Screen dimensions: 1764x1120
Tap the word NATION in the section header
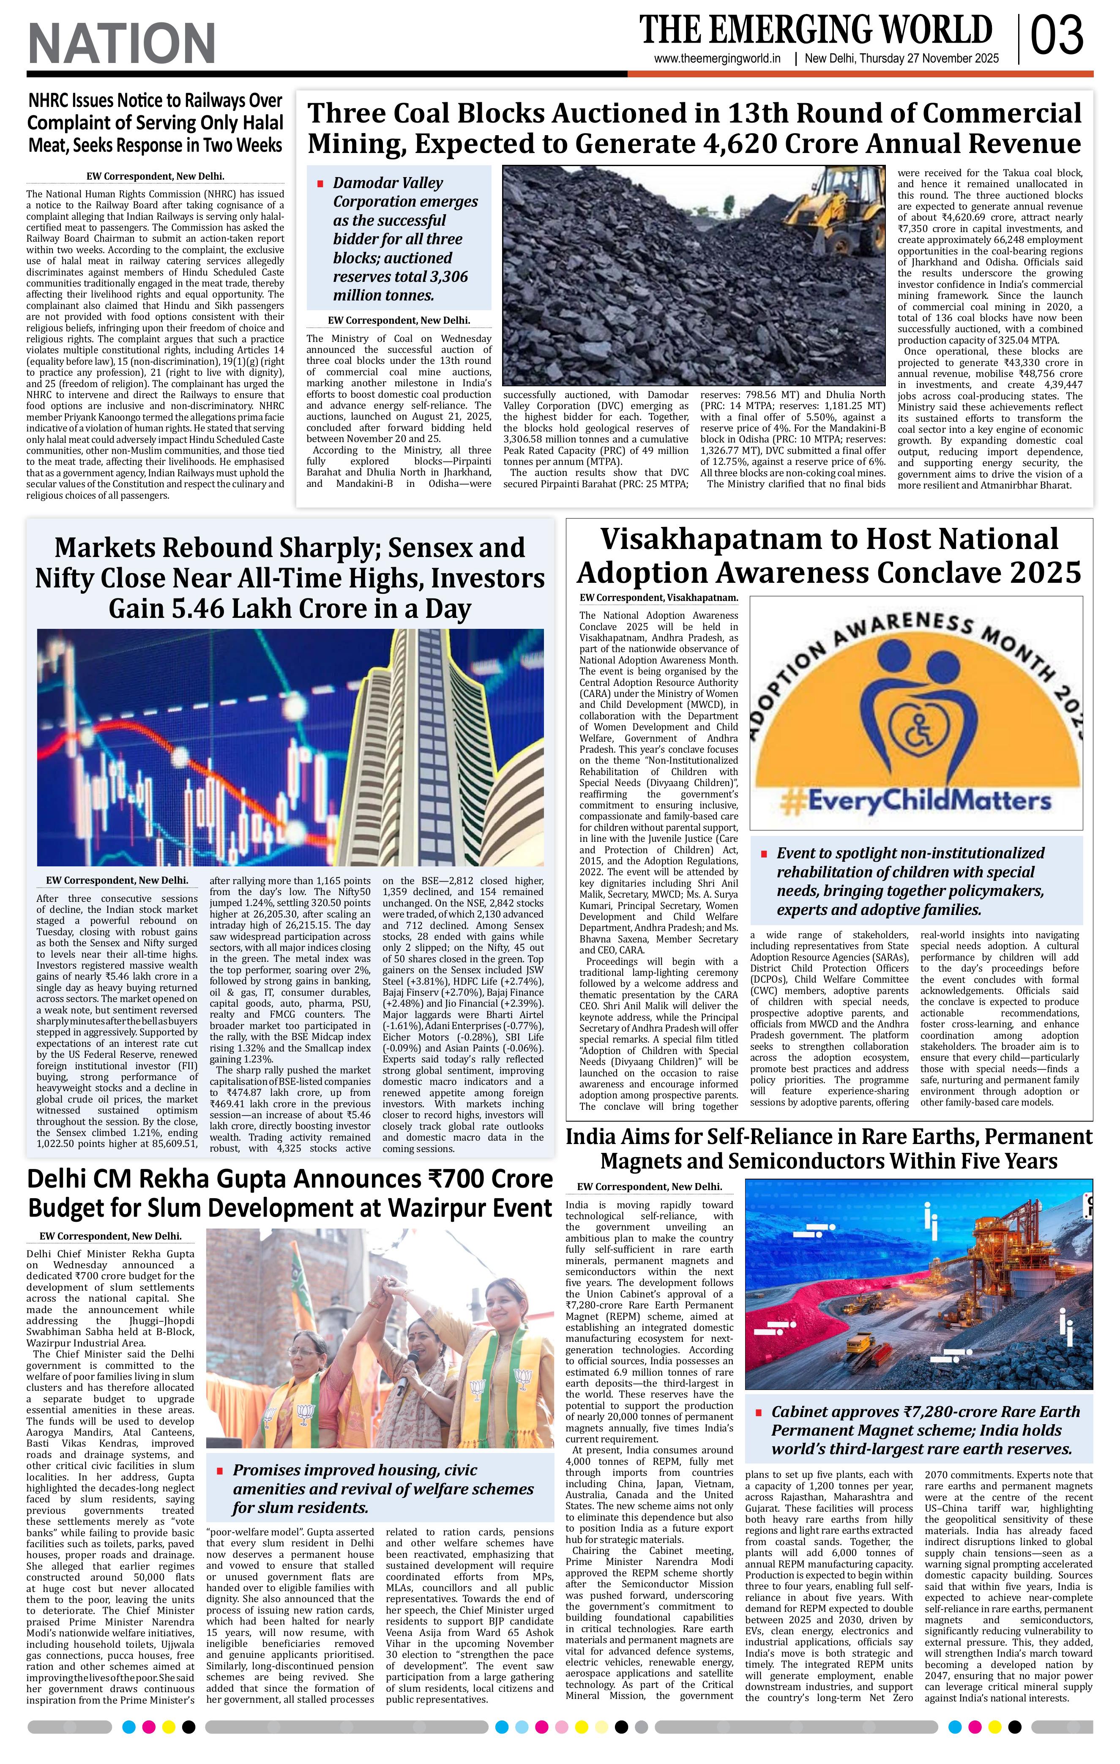pyautogui.click(x=122, y=43)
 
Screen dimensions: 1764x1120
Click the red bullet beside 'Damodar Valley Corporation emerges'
pyautogui.click(x=320, y=183)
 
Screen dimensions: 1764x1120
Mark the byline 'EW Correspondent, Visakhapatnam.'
pyautogui.click(x=658, y=598)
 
